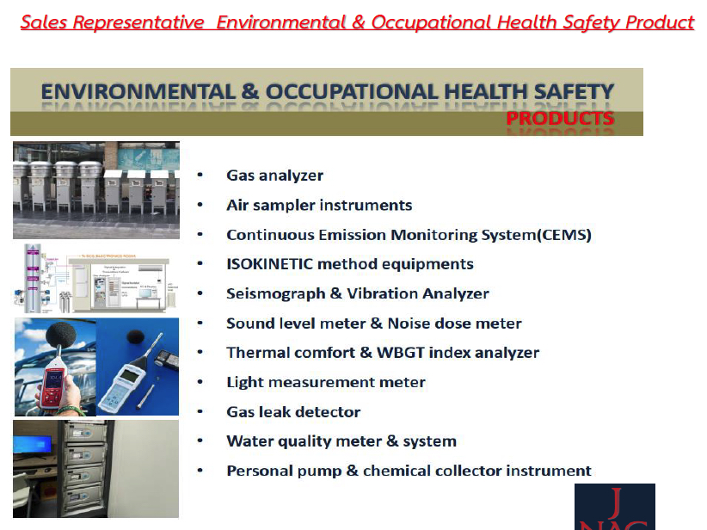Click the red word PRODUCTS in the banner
point(560,118)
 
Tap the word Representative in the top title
point(140,22)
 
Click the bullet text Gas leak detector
point(293,412)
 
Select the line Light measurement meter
point(325,382)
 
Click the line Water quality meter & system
point(341,441)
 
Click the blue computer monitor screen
point(33,447)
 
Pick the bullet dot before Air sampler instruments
point(200,206)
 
